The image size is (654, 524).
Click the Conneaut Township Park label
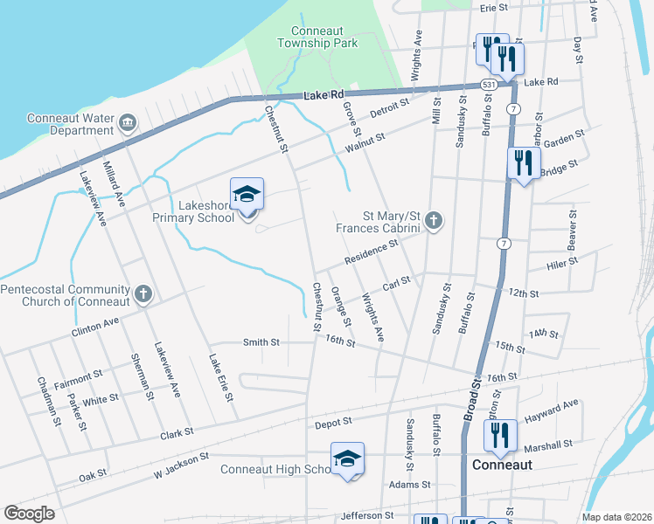(x=318, y=35)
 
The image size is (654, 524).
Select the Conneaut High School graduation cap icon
(x=347, y=458)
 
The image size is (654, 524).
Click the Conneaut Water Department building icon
(x=128, y=120)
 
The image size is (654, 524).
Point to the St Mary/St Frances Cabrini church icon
(x=433, y=221)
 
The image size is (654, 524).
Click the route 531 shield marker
(x=490, y=85)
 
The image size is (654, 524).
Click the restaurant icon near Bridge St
(x=524, y=162)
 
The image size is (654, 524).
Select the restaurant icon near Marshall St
(x=500, y=434)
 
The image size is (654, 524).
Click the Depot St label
(x=332, y=421)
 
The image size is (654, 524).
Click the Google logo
(x=29, y=514)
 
